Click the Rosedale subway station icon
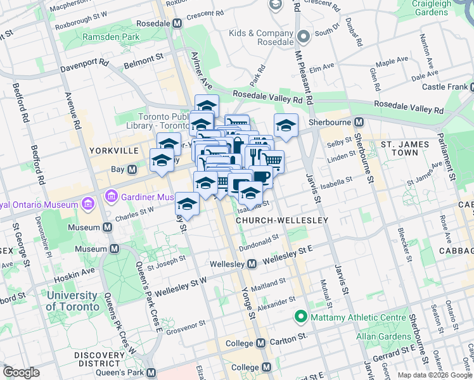point(177,23)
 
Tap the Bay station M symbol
point(132,169)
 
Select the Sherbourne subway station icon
point(359,122)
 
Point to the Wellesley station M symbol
point(252,263)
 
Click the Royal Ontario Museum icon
point(87,205)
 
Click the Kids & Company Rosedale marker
point(302,37)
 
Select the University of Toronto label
point(72,301)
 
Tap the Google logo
point(22,372)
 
